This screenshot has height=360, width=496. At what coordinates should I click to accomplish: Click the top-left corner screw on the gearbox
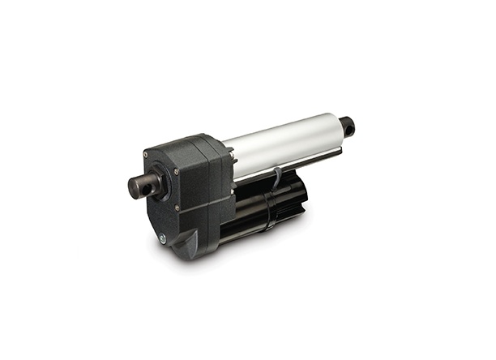pos(146,154)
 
